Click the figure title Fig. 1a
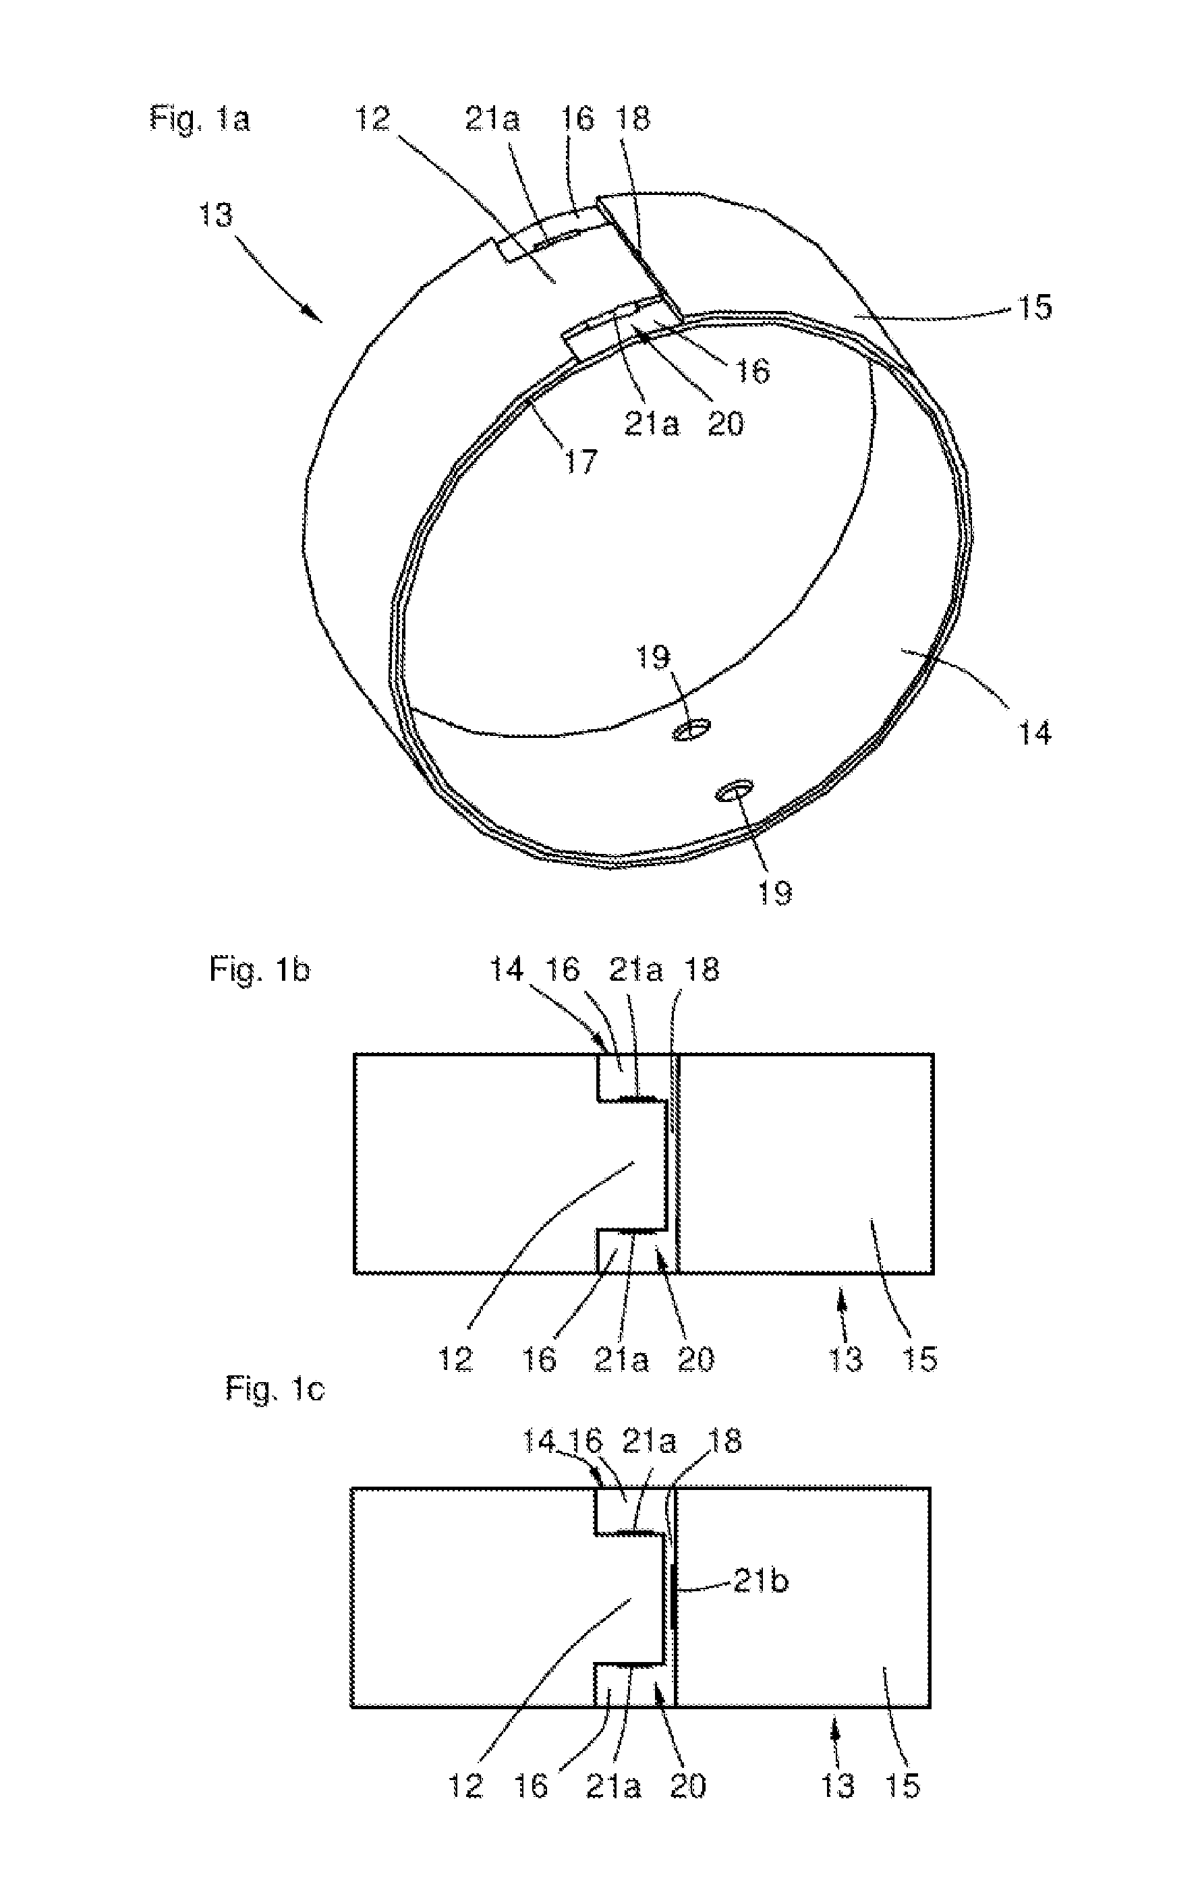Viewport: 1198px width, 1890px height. [x=200, y=119]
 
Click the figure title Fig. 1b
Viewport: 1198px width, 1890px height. [x=259, y=970]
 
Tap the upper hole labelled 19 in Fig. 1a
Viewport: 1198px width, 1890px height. [x=691, y=730]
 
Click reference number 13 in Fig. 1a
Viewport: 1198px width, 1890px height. [x=215, y=214]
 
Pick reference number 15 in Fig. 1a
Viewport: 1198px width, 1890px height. [x=1034, y=307]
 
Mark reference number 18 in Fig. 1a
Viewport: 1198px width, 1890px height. [x=634, y=119]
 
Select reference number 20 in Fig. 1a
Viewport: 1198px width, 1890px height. [x=725, y=424]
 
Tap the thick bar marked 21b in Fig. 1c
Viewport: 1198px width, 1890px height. [x=674, y=1596]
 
